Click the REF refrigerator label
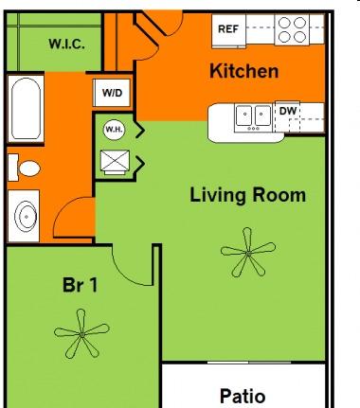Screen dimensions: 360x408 click(x=228, y=29)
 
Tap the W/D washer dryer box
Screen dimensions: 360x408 click(x=112, y=93)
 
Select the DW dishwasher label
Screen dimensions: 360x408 click(x=288, y=111)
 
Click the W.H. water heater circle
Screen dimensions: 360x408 click(x=114, y=130)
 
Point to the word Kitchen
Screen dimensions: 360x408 click(x=244, y=71)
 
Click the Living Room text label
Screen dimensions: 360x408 click(x=248, y=195)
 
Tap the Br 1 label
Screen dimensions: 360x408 click(x=81, y=285)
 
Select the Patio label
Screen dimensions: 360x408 click(x=243, y=397)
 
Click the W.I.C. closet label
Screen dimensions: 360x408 click(x=66, y=44)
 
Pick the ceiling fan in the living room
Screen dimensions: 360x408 click(x=248, y=253)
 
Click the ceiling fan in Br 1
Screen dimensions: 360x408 click(x=81, y=334)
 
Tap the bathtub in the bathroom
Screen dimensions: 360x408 click(x=26, y=109)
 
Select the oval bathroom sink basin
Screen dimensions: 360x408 click(x=26, y=217)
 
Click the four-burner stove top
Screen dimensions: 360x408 click(x=292, y=29)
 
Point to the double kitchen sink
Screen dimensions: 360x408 click(x=254, y=117)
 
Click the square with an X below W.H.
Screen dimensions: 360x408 click(x=115, y=161)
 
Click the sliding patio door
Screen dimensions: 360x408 click(x=249, y=363)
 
